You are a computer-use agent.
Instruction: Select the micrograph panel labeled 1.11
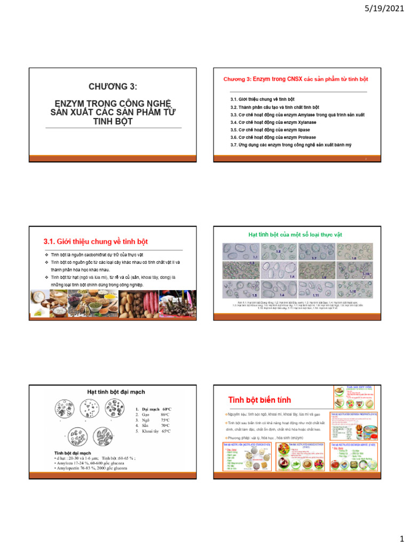318,289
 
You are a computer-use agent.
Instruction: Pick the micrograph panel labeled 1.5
240,289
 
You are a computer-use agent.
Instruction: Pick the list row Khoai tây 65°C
155,431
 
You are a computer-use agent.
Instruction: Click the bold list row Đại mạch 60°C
156,409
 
